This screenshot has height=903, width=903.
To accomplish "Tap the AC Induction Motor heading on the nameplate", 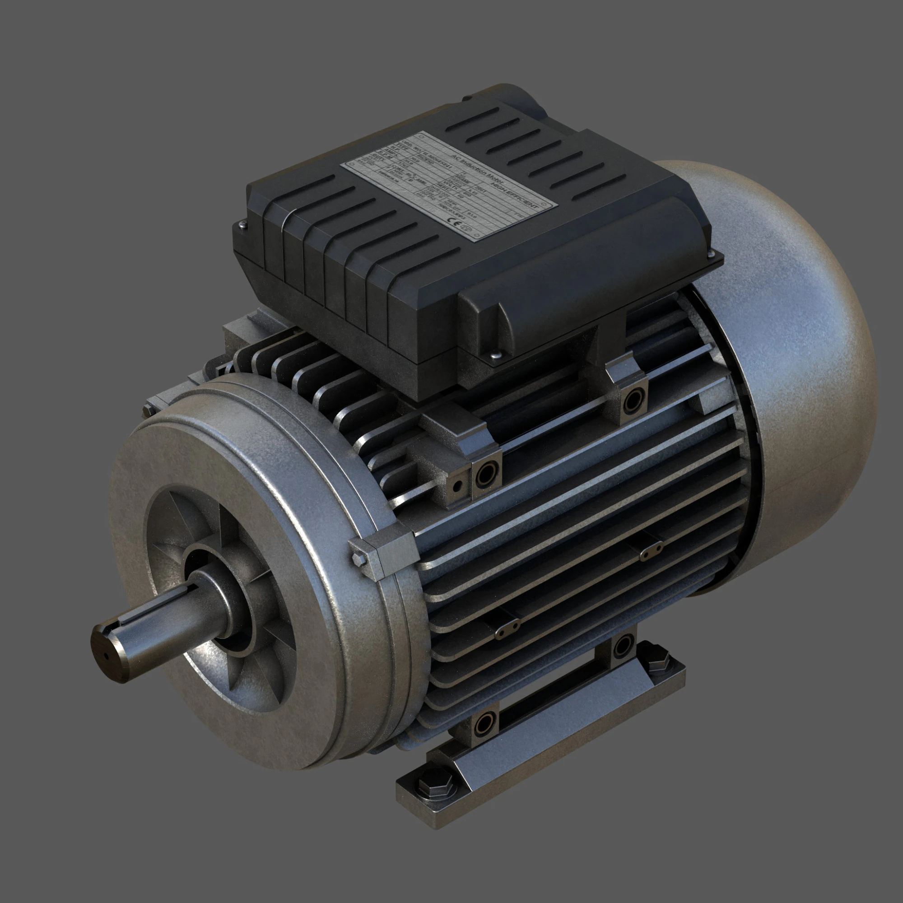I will [x=477, y=169].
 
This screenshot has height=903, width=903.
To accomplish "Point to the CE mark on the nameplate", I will [x=454, y=222].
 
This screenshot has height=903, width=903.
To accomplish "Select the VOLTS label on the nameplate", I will [x=451, y=186].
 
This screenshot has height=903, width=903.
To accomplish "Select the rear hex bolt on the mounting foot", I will [x=658, y=663].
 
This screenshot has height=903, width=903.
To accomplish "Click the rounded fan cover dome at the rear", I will [x=795, y=374].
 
